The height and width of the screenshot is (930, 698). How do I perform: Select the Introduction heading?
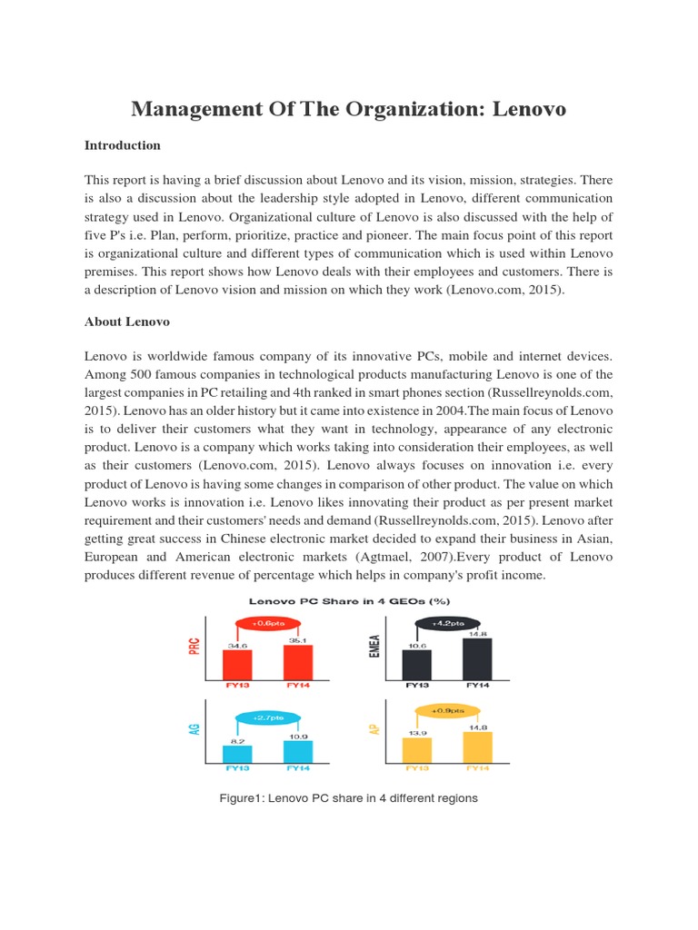click(x=123, y=145)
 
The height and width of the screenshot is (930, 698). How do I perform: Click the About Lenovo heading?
click(x=127, y=322)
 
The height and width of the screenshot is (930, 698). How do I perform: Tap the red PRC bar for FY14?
click(x=297, y=662)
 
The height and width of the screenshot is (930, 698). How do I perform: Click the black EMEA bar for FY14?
click(x=477, y=658)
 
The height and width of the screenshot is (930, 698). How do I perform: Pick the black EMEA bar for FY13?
click(x=417, y=665)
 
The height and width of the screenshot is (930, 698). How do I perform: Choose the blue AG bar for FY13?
click(x=237, y=754)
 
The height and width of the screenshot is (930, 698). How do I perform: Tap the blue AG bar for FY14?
click(x=297, y=751)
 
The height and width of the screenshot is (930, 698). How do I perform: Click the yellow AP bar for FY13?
click(x=417, y=750)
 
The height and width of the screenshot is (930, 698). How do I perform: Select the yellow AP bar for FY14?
click(x=477, y=747)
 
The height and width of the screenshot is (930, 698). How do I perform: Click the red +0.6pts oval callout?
click(x=268, y=624)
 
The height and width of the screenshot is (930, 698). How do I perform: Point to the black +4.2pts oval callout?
click(x=447, y=623)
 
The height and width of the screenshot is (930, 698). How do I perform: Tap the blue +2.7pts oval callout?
click(x=268, y=717)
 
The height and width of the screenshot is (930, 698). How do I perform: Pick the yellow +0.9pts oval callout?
click(x=447, y=710)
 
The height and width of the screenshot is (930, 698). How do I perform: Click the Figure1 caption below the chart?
click(x=349, y=798)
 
